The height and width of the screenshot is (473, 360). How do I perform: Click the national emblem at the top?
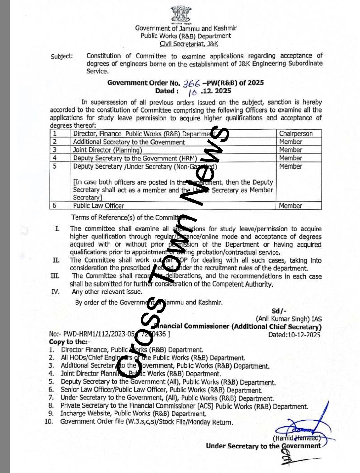point(180,15)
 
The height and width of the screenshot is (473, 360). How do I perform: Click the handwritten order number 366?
point(192,83)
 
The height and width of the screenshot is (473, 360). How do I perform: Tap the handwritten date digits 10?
point(193,92)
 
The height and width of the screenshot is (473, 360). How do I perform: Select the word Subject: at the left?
point(62,57)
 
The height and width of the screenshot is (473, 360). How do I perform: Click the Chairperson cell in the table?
point(296,133)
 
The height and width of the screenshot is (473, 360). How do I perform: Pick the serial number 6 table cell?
point(54,205)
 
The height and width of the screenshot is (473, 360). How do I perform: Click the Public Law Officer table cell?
point(98,206)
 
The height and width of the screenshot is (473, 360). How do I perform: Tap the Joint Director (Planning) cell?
point(107,150)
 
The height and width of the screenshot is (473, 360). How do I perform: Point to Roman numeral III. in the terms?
point(55,276)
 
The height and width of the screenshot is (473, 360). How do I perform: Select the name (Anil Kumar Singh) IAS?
point(289,319)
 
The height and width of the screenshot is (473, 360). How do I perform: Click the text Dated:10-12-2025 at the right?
point(294,335)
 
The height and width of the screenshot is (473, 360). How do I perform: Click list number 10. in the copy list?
point(49,421)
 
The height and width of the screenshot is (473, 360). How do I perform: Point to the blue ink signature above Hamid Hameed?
point(299,429)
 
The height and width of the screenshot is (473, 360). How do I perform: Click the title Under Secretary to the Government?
point(263,446)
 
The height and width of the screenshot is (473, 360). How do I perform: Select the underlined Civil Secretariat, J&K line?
point(189,44)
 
